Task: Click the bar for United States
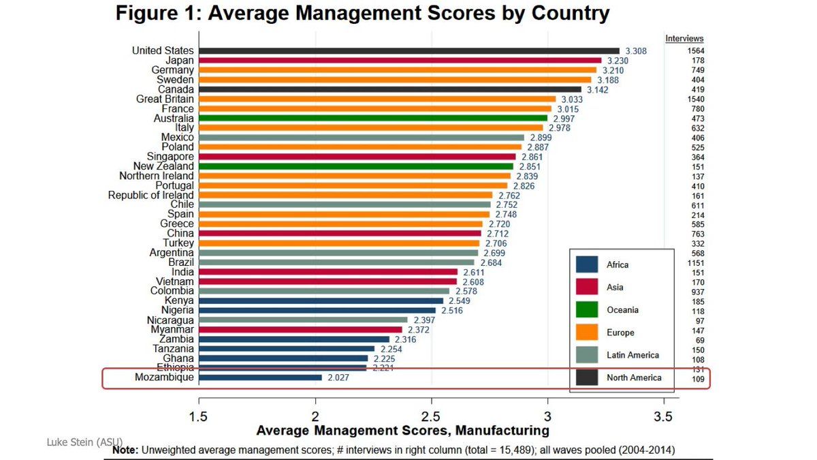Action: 408,50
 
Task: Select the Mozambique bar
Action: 260,377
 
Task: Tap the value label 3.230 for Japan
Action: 618,61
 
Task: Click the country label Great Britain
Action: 165,99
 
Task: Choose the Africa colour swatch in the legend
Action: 586,264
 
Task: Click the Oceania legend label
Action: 622,310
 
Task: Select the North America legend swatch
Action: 586,378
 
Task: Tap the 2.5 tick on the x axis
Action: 430,415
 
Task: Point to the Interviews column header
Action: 684,39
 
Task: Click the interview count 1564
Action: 694,51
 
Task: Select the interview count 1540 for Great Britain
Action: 694,99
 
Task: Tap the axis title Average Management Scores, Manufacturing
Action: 402,431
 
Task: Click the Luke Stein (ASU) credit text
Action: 84,442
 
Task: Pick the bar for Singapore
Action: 357,157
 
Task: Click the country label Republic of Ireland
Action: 150,196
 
